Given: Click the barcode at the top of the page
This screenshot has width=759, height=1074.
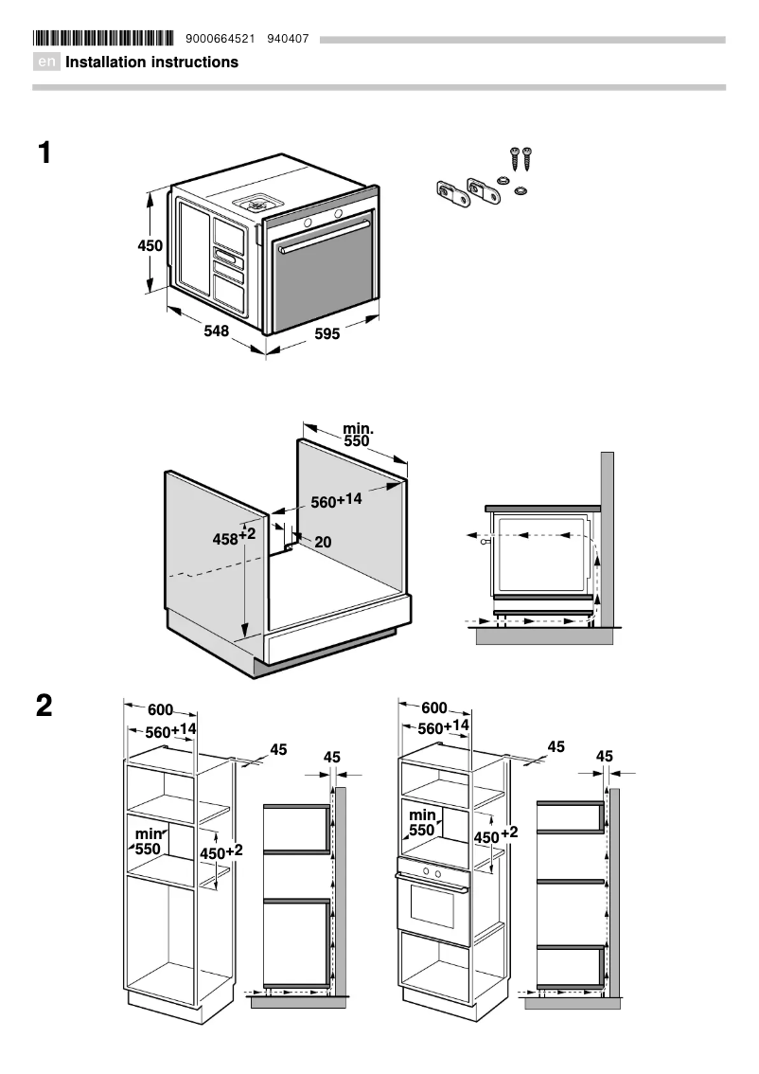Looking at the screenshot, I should click(103, 39).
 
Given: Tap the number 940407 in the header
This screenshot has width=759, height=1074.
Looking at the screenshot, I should click(288, 39).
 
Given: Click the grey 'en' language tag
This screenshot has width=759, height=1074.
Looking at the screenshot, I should click(47, 63).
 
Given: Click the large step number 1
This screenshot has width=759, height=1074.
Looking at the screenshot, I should click(44, 152).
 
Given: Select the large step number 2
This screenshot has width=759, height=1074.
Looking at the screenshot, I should click(44, 707).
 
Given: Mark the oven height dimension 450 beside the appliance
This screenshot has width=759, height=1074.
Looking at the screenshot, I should click(150, 245).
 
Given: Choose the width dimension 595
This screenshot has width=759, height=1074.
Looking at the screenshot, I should click(327, 334).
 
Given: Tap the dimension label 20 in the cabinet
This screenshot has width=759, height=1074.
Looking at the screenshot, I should click(323, 543).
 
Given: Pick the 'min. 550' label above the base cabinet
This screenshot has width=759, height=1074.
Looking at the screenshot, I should click(358, 435).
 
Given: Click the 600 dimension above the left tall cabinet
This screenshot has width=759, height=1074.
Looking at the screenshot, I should click(160, 710).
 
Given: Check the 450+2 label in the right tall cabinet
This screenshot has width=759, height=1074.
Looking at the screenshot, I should click(496, 835).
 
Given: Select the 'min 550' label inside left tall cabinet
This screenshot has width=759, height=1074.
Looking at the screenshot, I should click(149, 841).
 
